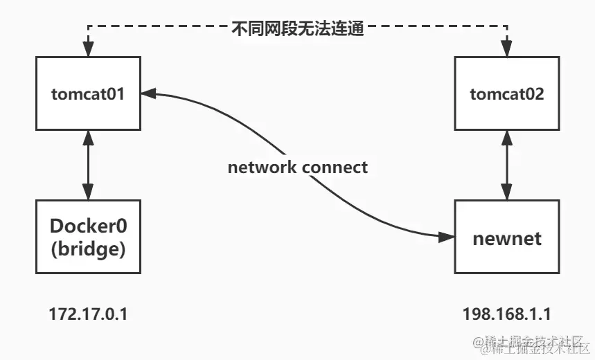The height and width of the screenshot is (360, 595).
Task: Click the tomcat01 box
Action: [88, 94]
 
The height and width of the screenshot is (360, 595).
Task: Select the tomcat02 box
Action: [507, 94]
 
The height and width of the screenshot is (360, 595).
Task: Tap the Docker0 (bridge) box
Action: [88, 237]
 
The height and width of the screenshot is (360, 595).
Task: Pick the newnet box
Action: [507, 238]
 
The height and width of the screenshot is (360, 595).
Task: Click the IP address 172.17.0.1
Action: [88, 314]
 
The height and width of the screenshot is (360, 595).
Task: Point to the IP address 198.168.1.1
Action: [507, 314]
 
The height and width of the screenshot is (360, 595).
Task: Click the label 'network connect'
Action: [298, 167]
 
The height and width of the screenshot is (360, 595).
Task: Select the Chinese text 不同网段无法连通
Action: [298, 30]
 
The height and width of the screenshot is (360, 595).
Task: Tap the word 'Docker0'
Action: [88, 226]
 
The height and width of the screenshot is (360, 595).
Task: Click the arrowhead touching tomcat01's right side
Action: [148, 93]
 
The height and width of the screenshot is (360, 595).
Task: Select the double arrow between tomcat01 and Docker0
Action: [88, 165]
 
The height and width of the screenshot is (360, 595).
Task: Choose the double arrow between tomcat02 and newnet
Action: [507, 165]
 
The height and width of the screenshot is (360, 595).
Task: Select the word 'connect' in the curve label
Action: [337, 167]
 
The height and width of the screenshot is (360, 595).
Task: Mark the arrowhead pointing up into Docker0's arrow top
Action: [88, 137]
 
